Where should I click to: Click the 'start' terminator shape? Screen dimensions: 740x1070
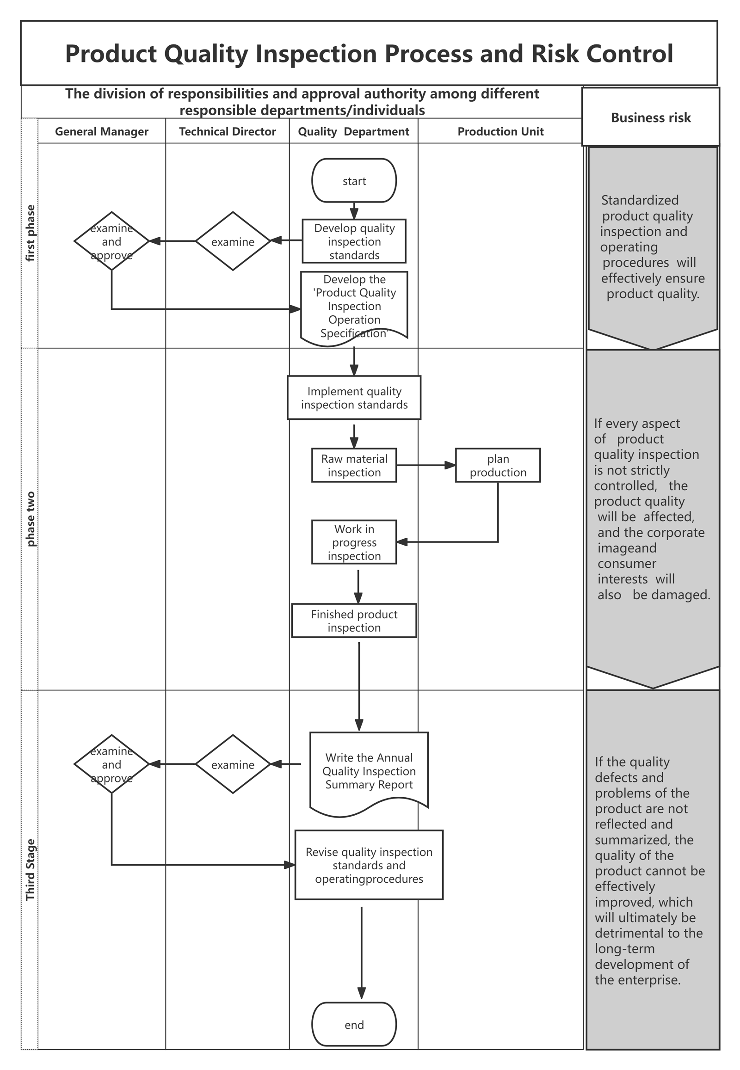pos(354,180)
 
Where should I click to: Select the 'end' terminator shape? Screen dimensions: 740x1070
pos(354,1024)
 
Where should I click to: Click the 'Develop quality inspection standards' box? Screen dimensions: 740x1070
pos(354,241)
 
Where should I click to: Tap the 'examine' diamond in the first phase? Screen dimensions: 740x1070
pos(233,241)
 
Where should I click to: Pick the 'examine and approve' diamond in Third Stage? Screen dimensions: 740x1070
pos(112,764)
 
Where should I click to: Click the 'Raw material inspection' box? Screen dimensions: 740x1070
pos(354,465)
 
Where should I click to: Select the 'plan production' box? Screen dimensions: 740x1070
pos(498,465)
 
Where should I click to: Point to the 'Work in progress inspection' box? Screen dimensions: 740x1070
pos(354,542)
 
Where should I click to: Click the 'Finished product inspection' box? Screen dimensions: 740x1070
pos(354,620)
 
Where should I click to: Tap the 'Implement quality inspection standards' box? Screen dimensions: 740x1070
pos(354,398)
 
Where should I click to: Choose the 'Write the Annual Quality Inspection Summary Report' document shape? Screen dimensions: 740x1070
pos(369,772)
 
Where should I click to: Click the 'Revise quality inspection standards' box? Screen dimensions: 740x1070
pos(369,865)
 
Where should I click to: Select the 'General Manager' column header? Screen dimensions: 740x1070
pos(102,132)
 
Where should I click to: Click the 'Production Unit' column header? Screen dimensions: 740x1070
pos(500,132)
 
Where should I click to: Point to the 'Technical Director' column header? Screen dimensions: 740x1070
pos(227,132)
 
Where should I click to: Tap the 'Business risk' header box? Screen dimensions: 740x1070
pos(651,117)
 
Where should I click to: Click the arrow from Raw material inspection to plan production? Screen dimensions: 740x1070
pos(426,465)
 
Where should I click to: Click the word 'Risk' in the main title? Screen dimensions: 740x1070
pos(555,53)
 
